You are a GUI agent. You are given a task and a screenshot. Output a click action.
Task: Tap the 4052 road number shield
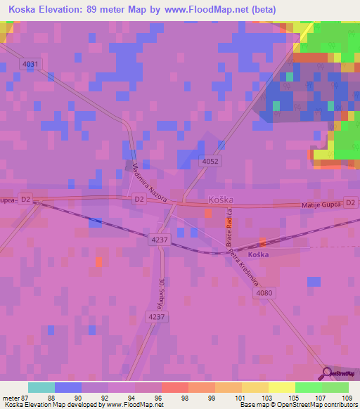tap(210, 161)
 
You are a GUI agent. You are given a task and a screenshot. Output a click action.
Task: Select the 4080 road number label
tap(265, 293)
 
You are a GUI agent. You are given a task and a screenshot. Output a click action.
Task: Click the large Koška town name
tap(220, 200)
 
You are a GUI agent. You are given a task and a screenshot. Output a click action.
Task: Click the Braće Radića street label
tap(230, 231)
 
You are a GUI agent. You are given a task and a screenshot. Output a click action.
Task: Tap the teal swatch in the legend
tap(41, 387)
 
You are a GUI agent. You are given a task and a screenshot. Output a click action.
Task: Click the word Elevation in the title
tap(63, 10)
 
